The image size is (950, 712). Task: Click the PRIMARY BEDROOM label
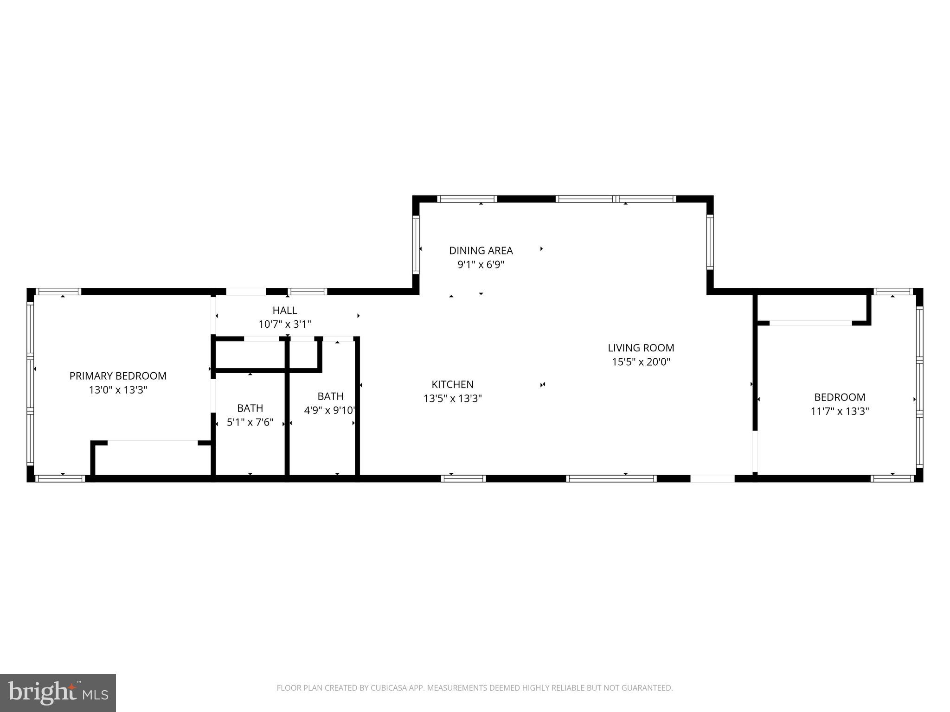click(118, 376)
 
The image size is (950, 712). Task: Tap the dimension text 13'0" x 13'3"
click(118, 390)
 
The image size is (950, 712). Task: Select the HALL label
click(284, 310)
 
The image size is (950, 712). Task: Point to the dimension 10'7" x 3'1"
click(284, 324)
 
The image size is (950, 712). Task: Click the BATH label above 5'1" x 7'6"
click(250, 408)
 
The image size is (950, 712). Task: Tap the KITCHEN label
click(452, 384)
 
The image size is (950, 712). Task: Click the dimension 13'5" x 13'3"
click(452, 399)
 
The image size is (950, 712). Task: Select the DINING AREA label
click(481, 251)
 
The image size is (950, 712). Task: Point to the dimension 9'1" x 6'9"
click(481, 265)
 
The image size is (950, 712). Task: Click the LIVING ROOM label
click(641, 348)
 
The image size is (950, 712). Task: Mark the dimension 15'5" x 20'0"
click(641, 362)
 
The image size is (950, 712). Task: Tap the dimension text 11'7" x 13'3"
click(839, 411)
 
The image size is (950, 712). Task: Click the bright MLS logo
click(58, 693)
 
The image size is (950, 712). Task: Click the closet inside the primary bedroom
click(153, 459)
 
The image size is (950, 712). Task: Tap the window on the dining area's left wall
click(416, 245)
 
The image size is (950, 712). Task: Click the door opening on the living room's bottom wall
click(712, 478)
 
